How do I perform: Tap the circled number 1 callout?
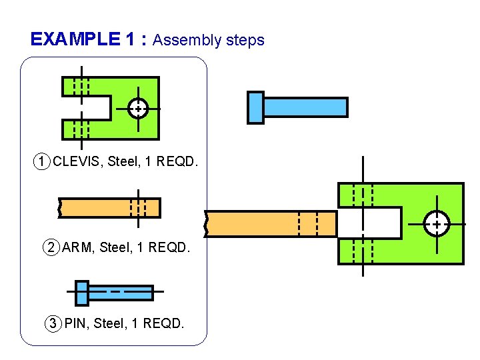[42, 161]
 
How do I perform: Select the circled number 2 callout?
[51, 248]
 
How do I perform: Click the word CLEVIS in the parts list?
[75, 161]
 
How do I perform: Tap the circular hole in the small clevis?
[138, 107]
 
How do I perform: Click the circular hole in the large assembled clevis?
[437, 224]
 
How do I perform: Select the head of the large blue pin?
[255, 107]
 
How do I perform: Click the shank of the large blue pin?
[305, 107]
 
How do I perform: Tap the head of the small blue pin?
[81, 293]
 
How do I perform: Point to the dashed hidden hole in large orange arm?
[307, 223]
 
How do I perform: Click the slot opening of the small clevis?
[90, 107]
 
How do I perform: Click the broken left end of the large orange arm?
[208, 223]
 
